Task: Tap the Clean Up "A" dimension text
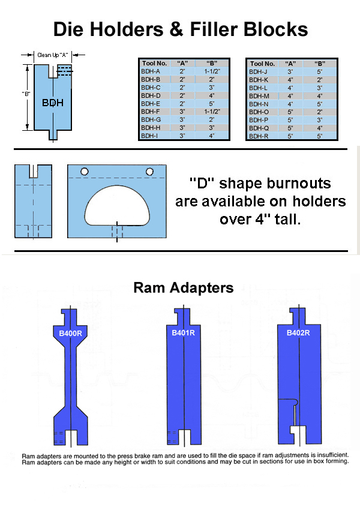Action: tap(52, 55)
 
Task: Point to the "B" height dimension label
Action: tap(26, 95)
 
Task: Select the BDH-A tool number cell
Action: tap(151, 71)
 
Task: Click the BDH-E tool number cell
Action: tap(151, 103)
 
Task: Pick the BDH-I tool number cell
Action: tap(151, 136)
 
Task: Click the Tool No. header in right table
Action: tap(262, 63)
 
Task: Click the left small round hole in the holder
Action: tap(85, 172)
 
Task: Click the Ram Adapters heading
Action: tap(183, 288)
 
